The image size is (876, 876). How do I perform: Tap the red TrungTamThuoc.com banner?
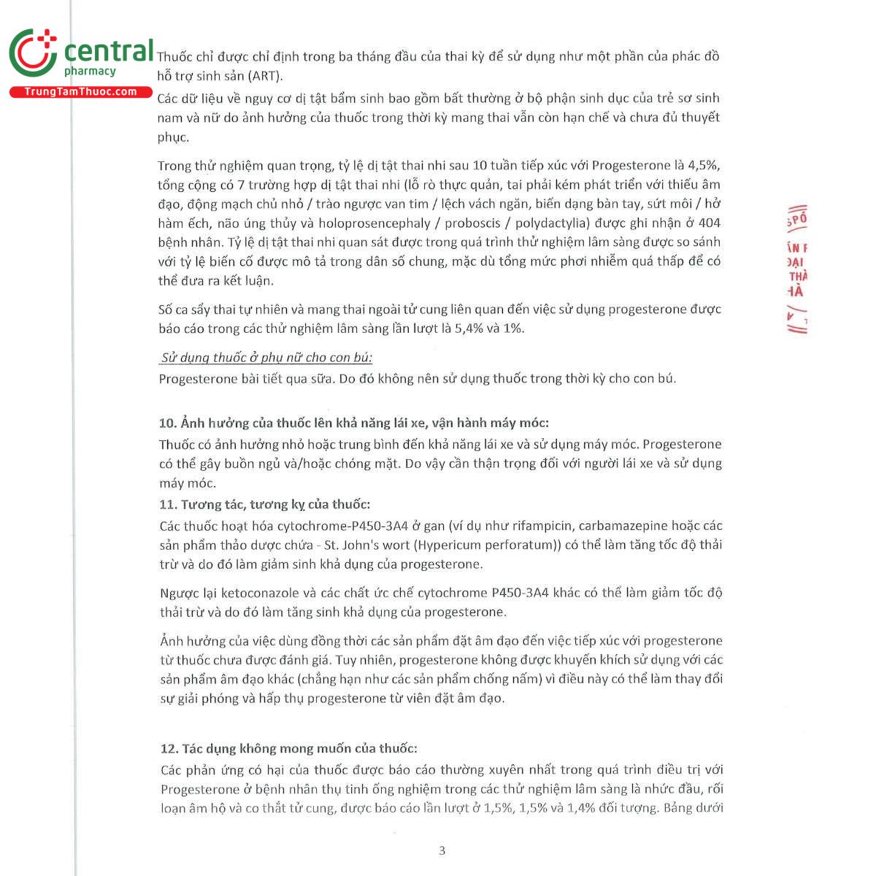80,92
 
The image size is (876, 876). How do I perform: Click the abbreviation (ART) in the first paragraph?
264,76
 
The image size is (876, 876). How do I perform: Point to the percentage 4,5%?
704,166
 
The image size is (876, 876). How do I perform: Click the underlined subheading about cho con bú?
266,358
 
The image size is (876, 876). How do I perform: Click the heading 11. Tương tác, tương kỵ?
264,504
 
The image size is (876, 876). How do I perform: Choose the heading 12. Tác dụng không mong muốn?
288,748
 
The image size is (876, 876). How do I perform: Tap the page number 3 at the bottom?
442,850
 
